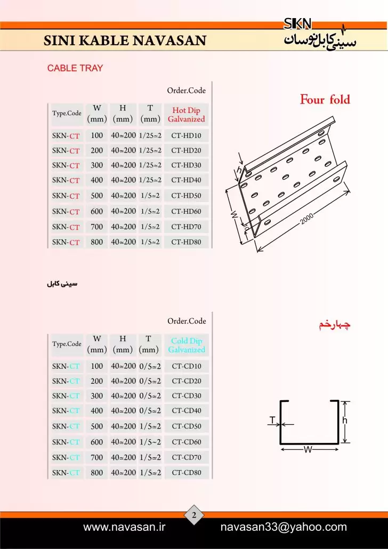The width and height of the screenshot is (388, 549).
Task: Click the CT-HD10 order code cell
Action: click(x=187, y=135)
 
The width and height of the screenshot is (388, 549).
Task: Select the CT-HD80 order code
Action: click(x=187, y=242)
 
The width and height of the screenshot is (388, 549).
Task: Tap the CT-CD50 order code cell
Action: click(x=187, y=426)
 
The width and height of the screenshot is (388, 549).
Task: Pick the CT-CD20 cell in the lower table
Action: click(x=187, y=381)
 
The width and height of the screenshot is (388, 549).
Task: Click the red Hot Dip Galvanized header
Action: click(x=187, y=115)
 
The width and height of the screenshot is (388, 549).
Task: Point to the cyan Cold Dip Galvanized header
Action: click(x=187, y=345)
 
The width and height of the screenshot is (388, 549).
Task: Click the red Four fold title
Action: click(x=325, y=100)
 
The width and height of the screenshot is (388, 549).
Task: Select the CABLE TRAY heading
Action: click(x=75, y=68)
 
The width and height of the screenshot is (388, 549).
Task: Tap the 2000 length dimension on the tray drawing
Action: click(x=307, y=219)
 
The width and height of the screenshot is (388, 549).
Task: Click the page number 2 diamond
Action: click(x=194, y=515)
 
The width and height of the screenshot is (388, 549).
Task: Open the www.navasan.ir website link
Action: click(x=124, y=527)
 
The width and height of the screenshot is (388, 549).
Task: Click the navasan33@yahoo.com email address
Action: click(x=284, y=527)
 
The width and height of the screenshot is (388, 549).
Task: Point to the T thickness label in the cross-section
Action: click(x=272, y=420)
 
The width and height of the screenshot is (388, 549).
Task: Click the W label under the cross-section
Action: click(x=308, y=449)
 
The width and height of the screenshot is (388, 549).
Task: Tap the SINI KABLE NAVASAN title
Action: click(x=125, y=41)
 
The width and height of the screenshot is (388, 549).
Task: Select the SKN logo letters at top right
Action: click(x=297, y=24)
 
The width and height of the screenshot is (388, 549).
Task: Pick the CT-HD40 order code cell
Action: click(x=187, y=180)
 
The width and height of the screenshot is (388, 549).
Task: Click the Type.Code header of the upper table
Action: click(x=67, y=114)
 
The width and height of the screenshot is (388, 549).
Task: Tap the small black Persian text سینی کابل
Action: click(x=62, y=284)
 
